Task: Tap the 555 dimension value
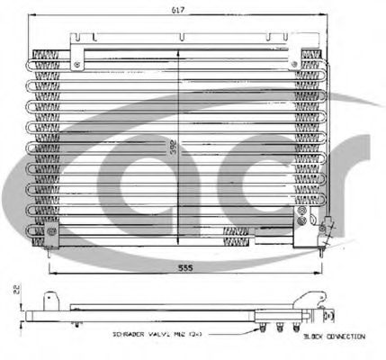(184, 266)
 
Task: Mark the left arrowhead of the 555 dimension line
(49, 273)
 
